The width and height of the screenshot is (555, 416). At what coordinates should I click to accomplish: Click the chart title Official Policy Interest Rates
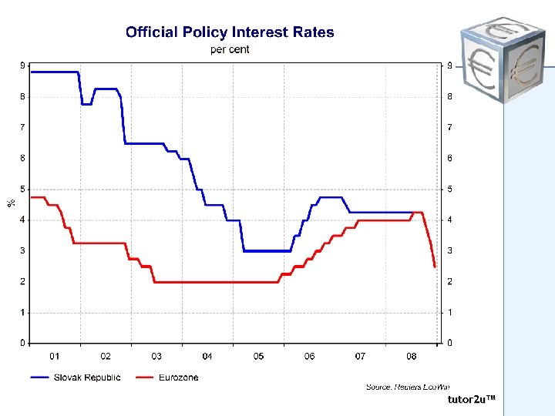point(230,32)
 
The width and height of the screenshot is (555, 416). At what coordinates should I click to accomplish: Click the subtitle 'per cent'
point(230,50)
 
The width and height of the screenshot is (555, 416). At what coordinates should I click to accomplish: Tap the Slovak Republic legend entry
point(76,377)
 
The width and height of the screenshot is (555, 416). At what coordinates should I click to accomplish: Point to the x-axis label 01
point(55,357)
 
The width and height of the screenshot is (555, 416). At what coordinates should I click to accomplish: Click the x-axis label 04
point(207,357)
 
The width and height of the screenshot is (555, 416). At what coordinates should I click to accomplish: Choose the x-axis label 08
point(412,357)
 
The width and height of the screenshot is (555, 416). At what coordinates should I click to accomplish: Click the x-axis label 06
point(309,357)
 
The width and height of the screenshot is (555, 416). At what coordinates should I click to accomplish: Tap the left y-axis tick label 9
point(22,65)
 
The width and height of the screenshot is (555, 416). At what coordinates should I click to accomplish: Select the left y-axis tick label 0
point(22,343)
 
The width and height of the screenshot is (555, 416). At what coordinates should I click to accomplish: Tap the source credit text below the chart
point(407,387)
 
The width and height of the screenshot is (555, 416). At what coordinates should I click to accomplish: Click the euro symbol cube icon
point(500,59)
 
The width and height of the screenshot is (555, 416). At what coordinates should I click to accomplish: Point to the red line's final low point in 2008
point(435,266)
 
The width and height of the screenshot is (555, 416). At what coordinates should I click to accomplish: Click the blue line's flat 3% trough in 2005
point(267,250)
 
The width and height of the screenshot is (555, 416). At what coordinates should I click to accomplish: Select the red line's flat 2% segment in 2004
point(208,282)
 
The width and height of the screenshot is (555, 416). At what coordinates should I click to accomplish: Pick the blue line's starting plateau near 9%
point(54,72)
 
